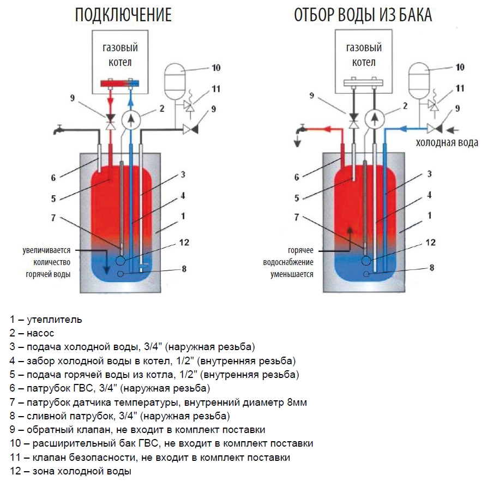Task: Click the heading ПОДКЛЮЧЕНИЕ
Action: [x=123, y=15]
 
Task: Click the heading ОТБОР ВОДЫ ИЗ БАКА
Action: [x=363, y=15]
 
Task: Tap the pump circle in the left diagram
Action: [x=130, y=118]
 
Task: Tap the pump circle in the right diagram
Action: [x=373, y=118]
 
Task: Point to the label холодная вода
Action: [x=447, y=143]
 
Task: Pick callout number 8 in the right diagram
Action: [x=431, y=268]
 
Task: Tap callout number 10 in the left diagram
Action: [x=216, y=68]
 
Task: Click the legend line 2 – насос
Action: [x=32, y=333]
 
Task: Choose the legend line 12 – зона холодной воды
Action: [x=70, y=471]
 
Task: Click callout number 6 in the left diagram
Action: [x=54, y=177]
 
